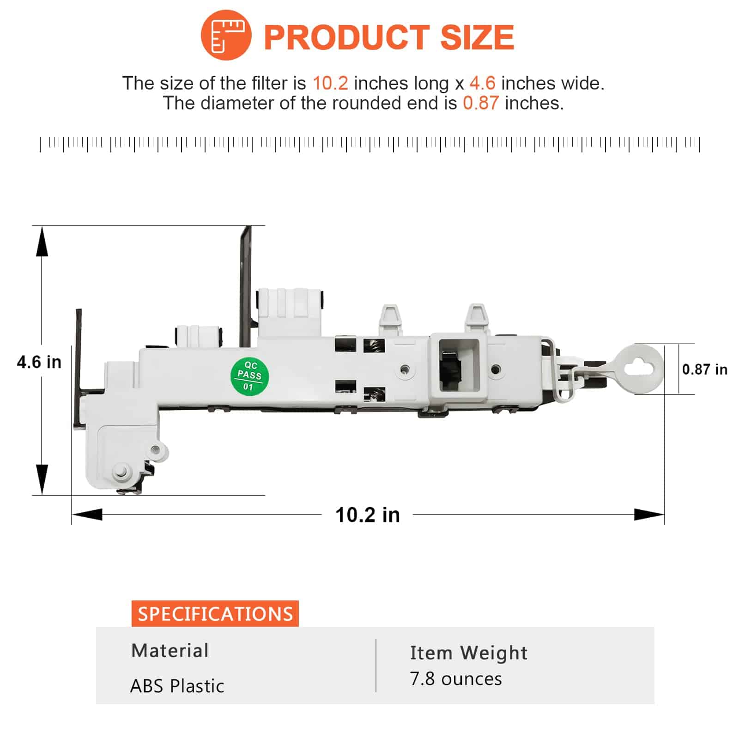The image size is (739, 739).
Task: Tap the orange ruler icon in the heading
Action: coord(226,35)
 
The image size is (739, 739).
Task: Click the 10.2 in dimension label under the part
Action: coord(367,515)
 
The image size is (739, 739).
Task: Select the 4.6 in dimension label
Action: coord(39,362)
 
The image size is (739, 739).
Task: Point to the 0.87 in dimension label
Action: coord(704,369)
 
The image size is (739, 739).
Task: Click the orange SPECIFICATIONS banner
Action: coord(215,614)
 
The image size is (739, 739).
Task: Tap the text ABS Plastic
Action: coord(177,686)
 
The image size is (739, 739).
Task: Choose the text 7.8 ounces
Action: coord(455,679)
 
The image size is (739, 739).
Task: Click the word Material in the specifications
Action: coord(170,650)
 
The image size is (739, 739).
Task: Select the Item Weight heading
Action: coord(468,653)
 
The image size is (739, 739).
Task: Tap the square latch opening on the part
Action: coord(459,365)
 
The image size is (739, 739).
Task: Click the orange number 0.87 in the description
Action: coord(480,103)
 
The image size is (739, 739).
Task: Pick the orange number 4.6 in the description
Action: coord(482,84)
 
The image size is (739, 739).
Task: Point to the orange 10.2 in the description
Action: coord(330,84)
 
